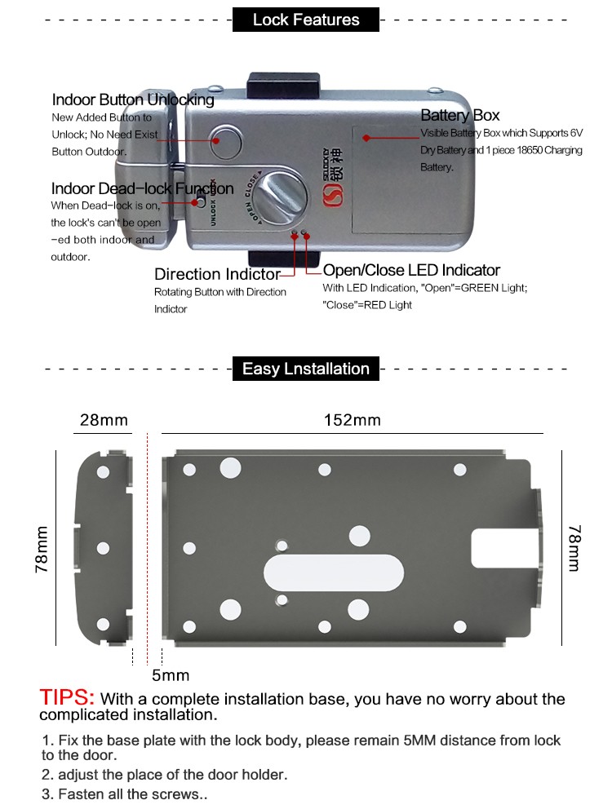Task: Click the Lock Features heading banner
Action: pos(306,20)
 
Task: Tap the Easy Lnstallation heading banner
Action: pos(306,369)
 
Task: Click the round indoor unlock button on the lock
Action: pos(227,140)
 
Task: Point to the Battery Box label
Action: pos(459,116)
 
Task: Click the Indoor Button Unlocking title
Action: pos(133,100)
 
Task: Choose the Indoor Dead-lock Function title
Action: pos(142,189)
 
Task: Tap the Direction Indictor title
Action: pos(217,274)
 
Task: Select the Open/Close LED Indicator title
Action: pos(411,270)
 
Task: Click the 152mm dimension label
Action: pos(353,420)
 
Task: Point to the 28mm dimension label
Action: pos(104,420)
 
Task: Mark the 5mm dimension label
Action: pos(171,675)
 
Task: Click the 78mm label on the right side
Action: pos(574,547)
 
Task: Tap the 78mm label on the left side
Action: pos(42,548)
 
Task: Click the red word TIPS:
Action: pos(68,698)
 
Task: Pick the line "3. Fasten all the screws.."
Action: pos(125,794)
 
